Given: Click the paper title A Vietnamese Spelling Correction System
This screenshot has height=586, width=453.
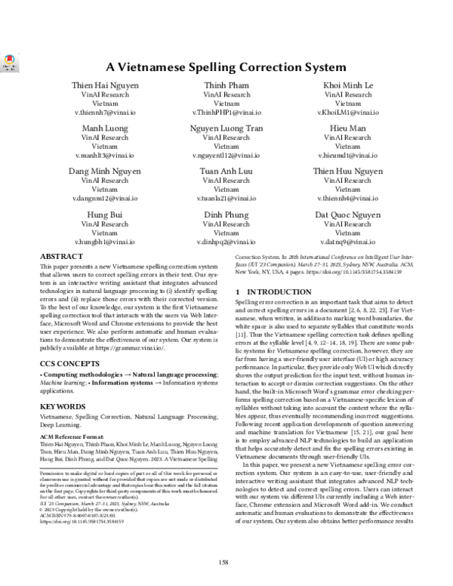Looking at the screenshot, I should click(226, 66).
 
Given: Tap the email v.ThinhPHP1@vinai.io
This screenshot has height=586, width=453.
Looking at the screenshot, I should click(226, 112).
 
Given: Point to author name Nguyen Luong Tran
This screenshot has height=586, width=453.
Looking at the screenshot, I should click(226, 129).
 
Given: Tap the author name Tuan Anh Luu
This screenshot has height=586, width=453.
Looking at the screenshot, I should click(226, 172).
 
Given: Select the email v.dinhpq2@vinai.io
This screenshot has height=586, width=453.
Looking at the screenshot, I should click(226, 242).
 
